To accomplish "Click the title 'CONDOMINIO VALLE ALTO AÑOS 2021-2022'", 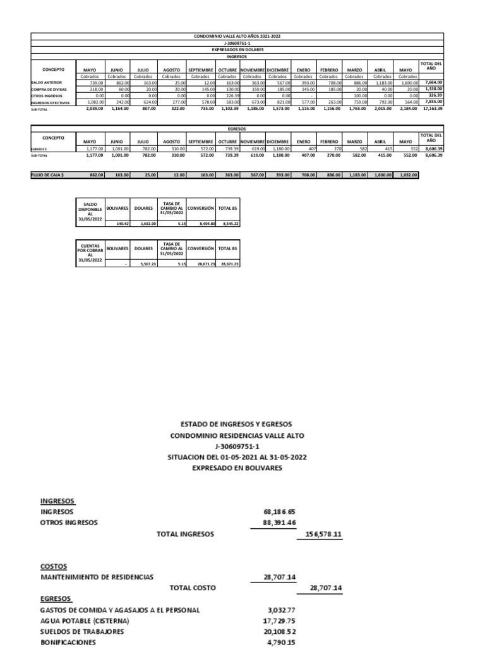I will click(237, 37).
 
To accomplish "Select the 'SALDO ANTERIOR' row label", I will click(47, 83).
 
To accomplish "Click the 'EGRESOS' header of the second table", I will click(237, 127).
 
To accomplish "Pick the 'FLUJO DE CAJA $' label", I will click(49, 174).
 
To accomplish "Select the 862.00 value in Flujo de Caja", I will click(93, 174).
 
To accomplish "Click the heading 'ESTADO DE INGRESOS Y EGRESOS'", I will click(236, 424).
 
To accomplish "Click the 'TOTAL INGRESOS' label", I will click(185, 535).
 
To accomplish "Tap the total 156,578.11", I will click(323, 535).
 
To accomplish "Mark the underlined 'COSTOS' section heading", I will click(54, 565).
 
